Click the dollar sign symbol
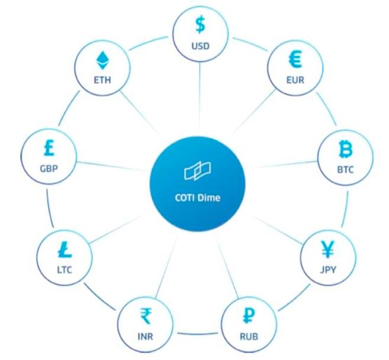point(200,24)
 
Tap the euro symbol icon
point(295,59)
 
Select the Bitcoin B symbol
point(346,149)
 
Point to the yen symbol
point(327,250)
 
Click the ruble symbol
point(248,315)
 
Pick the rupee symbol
point(146,316)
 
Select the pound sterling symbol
point(49,147)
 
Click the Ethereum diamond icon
point(102,60)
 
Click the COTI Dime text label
point(197,198)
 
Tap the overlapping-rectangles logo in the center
point(197,171)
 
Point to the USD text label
point(201,46)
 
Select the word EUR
point(295,80)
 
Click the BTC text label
point(346,170)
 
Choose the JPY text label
point(328,270)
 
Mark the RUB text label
point(249,336)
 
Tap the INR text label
point(146,336)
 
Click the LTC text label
point(64,270)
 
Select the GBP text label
point(49,168)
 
